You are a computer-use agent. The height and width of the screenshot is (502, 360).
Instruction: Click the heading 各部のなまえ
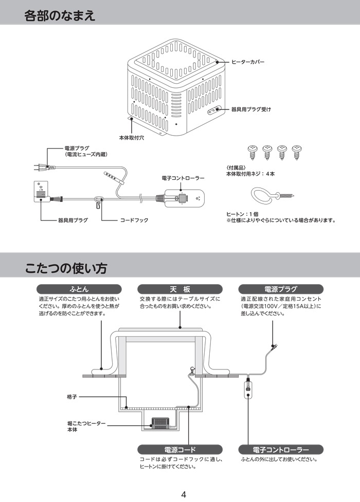60,15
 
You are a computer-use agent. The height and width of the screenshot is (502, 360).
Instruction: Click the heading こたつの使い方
66,268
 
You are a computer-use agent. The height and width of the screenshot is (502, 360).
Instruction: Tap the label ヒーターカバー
248,62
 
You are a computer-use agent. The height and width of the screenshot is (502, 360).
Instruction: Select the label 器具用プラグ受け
251,109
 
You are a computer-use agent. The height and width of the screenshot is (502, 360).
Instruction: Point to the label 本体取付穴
132,138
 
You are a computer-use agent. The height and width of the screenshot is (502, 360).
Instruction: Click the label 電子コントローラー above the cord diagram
183,178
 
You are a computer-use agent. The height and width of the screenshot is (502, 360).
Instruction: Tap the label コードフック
134,220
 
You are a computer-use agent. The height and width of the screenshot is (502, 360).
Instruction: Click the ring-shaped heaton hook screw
271,195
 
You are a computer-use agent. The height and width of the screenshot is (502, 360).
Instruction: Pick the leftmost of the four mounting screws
253,152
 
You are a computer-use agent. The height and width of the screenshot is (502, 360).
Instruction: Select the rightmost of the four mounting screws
297,152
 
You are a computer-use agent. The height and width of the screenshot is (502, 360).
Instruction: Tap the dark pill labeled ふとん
79,289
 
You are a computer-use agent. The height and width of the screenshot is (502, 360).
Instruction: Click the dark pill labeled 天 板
180,289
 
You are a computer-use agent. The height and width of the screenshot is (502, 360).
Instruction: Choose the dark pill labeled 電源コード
180,450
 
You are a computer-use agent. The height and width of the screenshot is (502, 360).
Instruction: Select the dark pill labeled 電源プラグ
281,289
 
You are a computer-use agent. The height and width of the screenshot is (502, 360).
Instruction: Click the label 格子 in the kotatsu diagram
72,397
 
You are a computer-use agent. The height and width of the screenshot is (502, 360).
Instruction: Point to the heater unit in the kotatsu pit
163,423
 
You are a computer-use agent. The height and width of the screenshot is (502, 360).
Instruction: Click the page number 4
184,494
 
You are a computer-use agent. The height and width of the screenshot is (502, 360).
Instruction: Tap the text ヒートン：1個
242,214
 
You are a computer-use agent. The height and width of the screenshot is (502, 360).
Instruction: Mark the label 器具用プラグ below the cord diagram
73,220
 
